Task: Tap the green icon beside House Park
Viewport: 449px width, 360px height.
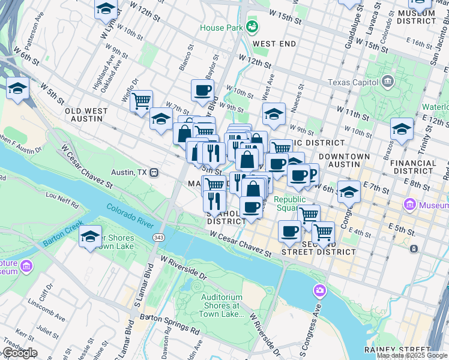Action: pos(252,26)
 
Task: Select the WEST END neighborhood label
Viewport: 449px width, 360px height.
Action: pos(274,44)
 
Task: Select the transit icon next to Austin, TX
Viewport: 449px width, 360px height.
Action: pos(154,172)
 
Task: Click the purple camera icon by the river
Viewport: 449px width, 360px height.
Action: pos(319,291)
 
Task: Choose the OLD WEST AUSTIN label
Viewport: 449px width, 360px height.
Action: pos(86,115)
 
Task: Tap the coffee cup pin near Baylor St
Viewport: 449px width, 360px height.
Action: pos(202,90)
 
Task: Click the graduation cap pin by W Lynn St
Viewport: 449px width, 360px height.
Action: pos(106,8)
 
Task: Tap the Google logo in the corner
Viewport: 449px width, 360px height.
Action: pos(19,353)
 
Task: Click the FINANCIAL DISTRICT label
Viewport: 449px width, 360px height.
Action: pos(413,167)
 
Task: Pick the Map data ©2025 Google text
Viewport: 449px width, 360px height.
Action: pos(412,355)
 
